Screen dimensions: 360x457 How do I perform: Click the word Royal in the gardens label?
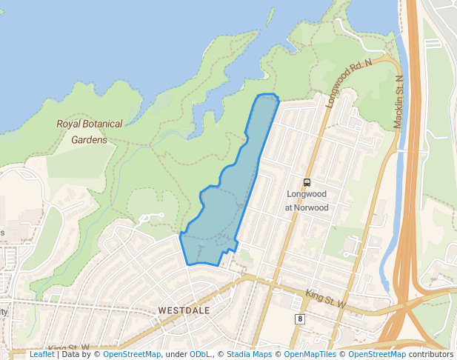69,124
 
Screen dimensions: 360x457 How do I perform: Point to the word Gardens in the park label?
89,139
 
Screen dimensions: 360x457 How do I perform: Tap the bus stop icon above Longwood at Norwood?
307,182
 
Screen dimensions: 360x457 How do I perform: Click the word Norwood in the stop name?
312,208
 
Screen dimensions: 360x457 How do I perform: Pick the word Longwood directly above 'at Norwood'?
307,196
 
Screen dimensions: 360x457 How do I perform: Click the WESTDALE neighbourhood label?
184,310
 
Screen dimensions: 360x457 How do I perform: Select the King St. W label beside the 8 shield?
327,299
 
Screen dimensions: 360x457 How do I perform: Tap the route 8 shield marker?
300,319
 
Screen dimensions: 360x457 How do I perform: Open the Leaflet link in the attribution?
42,354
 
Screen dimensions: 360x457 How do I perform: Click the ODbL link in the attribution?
200,354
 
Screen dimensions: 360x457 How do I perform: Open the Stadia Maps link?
249,354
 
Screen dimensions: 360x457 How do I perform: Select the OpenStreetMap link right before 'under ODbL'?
132,354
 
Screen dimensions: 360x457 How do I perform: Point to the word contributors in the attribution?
431,354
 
